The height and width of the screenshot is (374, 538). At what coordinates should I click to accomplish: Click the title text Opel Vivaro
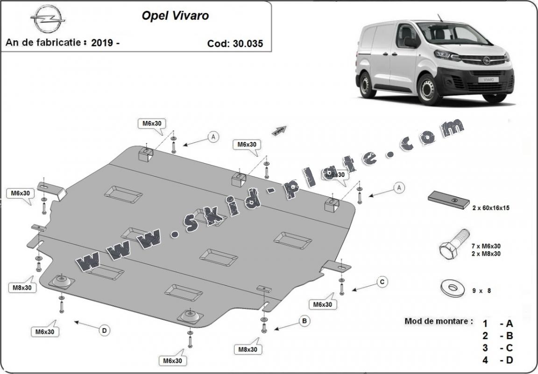tap(175, 15)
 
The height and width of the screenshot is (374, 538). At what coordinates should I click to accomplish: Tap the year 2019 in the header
tap(102, 42)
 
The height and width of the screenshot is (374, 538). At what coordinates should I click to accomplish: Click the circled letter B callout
tap(304, 321)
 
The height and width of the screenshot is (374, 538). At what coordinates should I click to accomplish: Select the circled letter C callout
tap(382, 282)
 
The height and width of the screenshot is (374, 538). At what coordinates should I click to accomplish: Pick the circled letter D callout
tap(104, 331)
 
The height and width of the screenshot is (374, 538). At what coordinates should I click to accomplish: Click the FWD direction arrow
tap(279, 130)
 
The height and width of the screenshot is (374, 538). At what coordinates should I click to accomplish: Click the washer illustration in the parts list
tap(451, 287)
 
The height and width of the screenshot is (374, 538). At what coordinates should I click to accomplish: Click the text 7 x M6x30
tap(486, 246)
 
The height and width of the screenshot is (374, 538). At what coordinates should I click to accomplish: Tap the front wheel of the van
tap(429, 90)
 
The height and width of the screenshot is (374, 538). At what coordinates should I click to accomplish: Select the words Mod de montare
tap(438, 321)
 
